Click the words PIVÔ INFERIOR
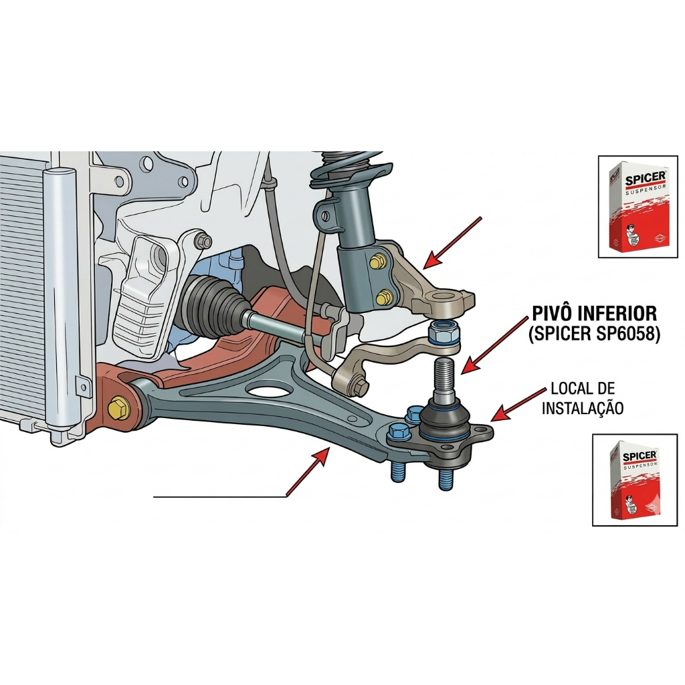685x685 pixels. click(593, 312)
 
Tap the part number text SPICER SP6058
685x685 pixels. click(593, 334)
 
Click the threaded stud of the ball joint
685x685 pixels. click(444, 378)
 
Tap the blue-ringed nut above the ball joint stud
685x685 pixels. click(442, 331)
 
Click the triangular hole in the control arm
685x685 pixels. click(268, 389)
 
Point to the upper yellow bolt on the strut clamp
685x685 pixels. click(378, 259)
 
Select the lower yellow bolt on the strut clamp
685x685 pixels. click(385, 296)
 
